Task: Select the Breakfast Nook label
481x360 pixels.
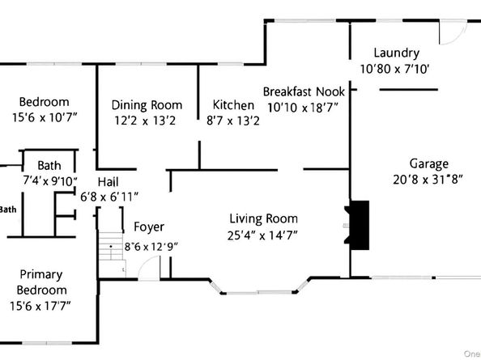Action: tap(304, 91)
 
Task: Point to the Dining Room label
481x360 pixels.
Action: tap(147, 105)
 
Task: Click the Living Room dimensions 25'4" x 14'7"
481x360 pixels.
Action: tap(263, 235)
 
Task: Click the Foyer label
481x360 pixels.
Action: tap(149, 227)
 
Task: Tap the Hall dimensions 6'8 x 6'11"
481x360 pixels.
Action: tap(110, 197)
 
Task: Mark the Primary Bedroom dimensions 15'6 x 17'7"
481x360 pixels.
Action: tap(41, 306)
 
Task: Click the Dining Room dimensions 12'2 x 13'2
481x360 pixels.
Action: tap(147, 121)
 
